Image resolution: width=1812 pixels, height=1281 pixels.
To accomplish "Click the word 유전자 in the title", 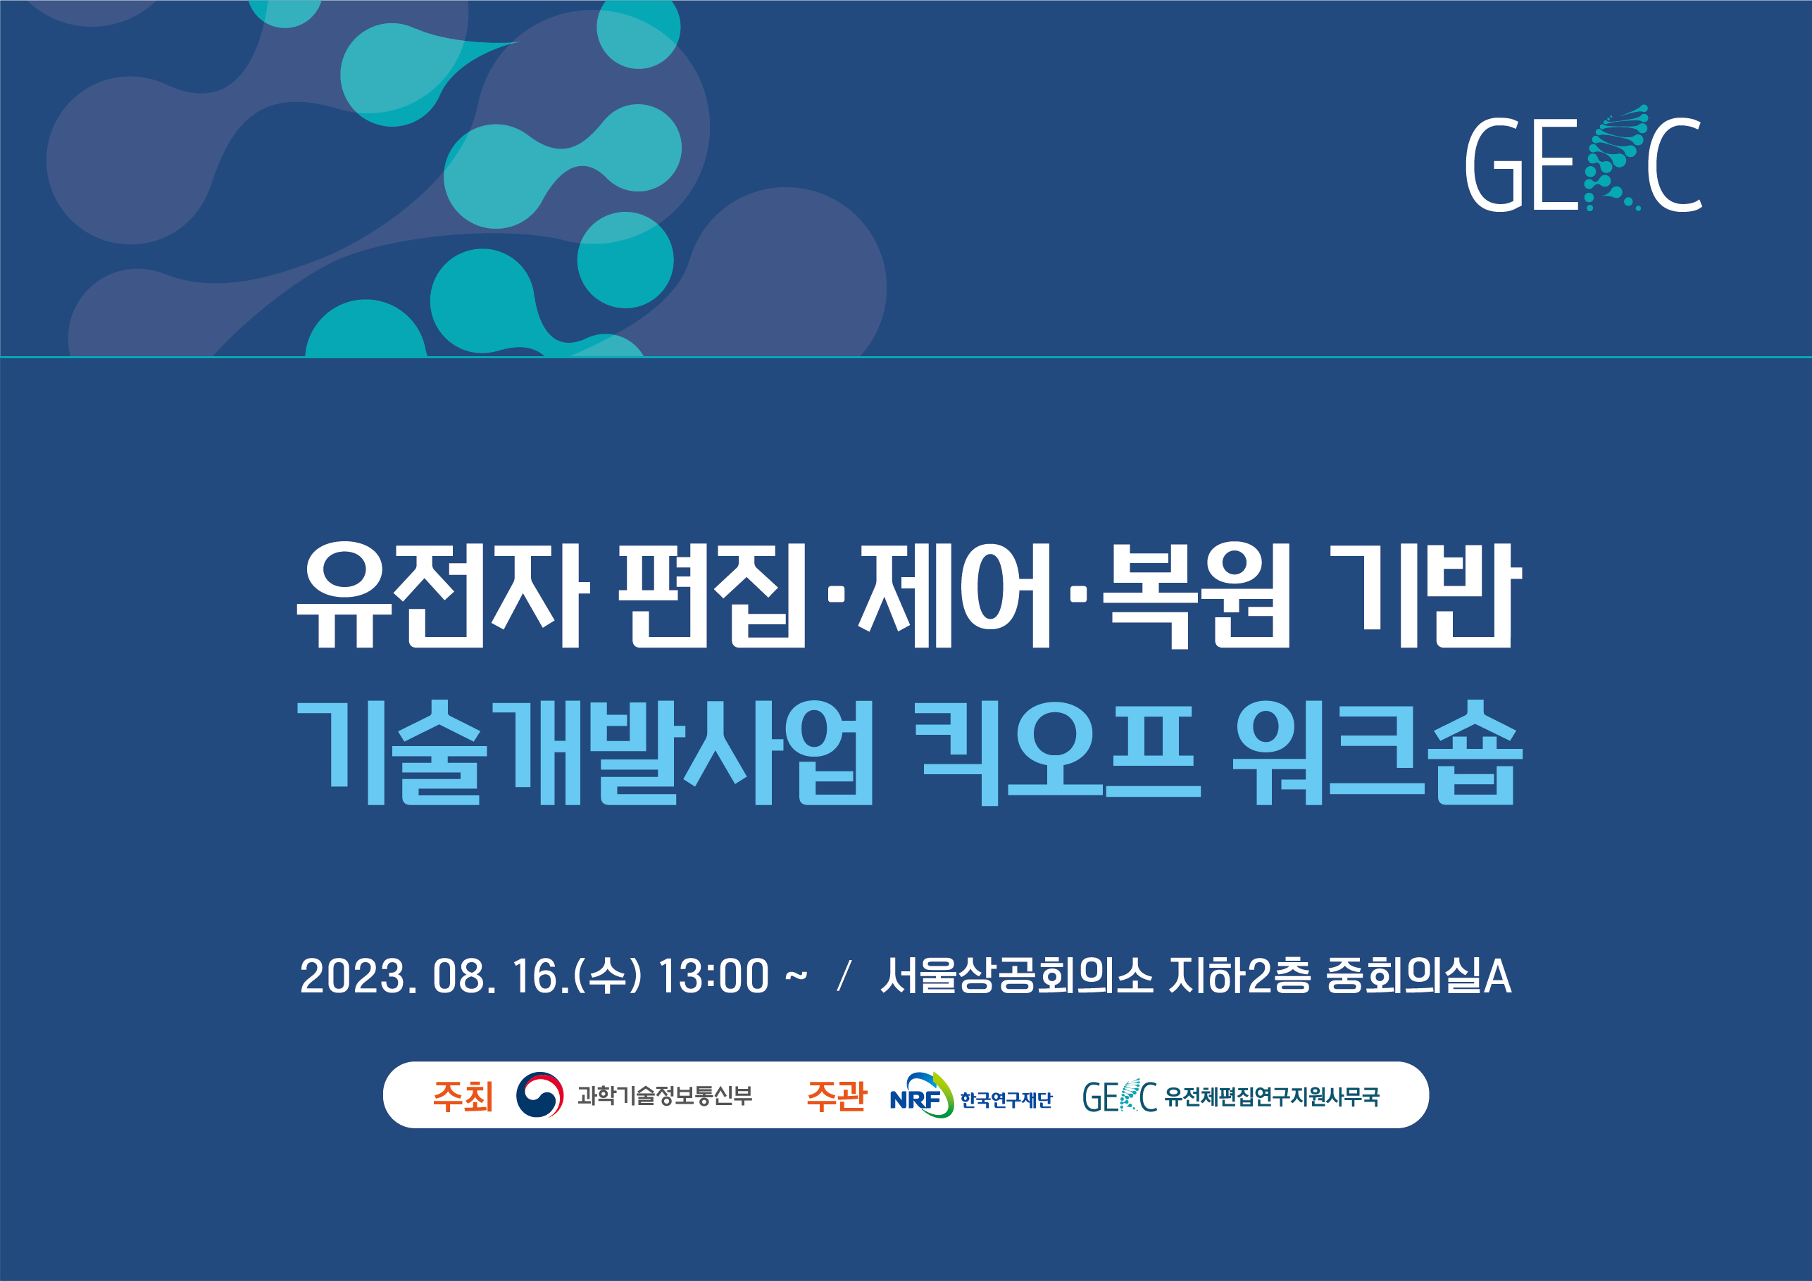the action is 443,596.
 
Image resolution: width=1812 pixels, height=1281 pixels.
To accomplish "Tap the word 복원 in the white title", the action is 1195,596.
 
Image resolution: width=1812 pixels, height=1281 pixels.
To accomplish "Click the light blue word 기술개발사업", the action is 585,753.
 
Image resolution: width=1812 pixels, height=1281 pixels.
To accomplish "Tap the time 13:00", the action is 713,976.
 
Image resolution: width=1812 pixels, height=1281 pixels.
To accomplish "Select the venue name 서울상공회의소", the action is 1016,976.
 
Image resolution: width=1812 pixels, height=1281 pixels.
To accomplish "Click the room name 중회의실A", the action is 1418,976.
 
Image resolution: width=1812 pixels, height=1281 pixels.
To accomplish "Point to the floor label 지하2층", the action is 1239,976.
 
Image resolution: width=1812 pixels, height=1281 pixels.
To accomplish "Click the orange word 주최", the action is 463,1096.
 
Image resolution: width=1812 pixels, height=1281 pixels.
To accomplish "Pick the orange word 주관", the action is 837,1096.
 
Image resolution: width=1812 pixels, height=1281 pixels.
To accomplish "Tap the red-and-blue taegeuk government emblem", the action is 540,1095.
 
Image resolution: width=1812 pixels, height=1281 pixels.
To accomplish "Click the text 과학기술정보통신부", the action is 665,1096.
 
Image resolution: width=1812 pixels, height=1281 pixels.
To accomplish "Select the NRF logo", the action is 922,1095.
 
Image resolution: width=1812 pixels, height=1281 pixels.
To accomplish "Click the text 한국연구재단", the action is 1006,1099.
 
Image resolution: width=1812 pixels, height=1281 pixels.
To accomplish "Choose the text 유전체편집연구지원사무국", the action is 1272,1097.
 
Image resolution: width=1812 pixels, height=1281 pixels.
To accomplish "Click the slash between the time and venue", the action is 844,976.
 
